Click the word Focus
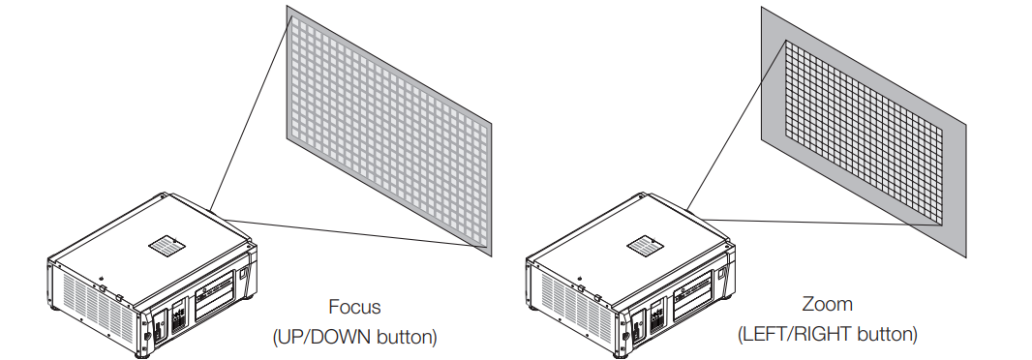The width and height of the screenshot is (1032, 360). coord(354,307)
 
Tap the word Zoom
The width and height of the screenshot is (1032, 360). coord(828,304)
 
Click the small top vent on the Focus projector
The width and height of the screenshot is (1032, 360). coord(167,247)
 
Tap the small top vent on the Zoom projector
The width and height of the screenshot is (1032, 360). coord(645,247)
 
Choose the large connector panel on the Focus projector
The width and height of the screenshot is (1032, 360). coord(215,295)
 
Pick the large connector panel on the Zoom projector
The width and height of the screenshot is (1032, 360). coord(694,295)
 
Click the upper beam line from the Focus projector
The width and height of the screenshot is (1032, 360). coord(251,112)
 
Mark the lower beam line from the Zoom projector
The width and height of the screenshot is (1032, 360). coord(822,223)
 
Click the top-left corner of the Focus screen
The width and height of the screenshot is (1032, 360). coord(287,6)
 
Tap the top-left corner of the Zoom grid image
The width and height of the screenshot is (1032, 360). coord(786,41)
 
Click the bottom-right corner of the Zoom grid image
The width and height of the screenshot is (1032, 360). coord(943,225)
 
